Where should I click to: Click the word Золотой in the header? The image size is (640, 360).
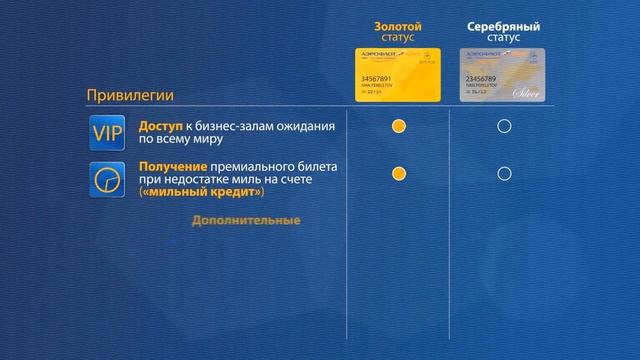(x=399, y=24)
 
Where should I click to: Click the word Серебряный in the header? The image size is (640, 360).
(x=504, y=24)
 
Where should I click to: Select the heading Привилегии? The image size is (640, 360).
(x=130, y=96)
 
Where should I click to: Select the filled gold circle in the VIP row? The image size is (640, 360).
(x=399, y=127)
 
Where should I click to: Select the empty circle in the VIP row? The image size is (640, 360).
(x=504, y=127)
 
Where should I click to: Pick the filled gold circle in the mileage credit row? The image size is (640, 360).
(x=399, y=174)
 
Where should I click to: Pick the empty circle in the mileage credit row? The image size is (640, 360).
(x=504, y=174)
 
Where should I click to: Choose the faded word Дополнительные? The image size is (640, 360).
(x=246, y=220)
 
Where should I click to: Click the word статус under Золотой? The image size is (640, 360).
(x=399, y=37)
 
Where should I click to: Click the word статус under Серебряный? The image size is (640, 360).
(x=504, y=37)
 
